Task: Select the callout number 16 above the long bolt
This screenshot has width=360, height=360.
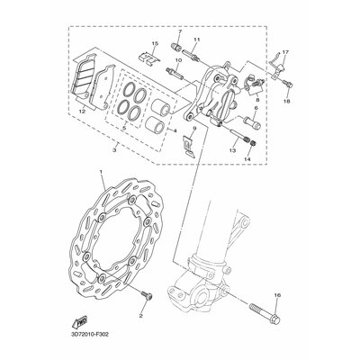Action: [x=277, y=295]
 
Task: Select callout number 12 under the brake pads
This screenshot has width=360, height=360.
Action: [x=84, y=112]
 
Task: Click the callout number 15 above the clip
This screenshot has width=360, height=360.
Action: [x=155, y=43]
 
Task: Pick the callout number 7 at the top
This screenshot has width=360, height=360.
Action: [x=179, y=32]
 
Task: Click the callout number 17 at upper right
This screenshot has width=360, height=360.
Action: [x=286, y=53]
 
